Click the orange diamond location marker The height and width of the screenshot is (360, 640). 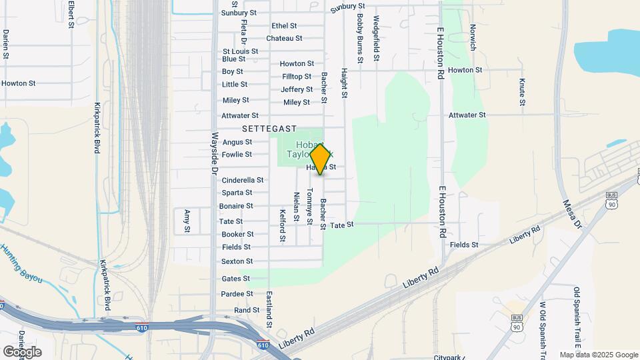point(320,159)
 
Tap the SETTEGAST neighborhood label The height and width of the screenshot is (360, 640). point(269,128)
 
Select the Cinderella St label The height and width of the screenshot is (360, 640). point(242,180)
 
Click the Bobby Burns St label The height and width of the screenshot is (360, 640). point(360,39)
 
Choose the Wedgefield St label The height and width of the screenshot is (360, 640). point(376,39)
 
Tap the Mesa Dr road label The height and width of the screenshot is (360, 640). point(572,214)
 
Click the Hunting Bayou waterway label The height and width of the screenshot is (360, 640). point(22,263)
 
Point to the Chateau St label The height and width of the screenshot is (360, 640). point(284,39)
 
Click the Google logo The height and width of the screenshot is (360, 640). point(22,351)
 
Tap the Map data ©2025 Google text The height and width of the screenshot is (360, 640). point(599,355)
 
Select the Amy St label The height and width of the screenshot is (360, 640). point(187,220)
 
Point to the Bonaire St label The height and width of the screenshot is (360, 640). point(236,206)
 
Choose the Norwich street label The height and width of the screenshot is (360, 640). point(473,38)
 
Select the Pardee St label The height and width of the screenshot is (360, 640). point(237,294)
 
